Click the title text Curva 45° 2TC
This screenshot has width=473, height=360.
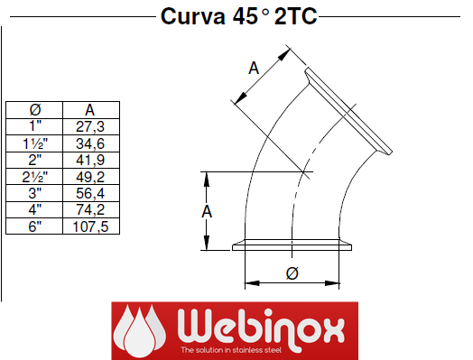point(238,16)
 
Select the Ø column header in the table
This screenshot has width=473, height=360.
point(35,110)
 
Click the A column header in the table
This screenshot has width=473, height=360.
point(90,110)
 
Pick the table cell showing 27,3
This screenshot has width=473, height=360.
point(90,126)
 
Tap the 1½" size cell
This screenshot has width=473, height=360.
point(35,143)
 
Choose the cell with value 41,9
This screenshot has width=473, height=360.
point(90,160)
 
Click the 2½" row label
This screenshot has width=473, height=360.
point(35,177)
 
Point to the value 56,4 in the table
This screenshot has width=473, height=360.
point(90,193)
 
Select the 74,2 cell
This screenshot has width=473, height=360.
point(90,209)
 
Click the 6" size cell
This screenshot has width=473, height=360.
point(34,226)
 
